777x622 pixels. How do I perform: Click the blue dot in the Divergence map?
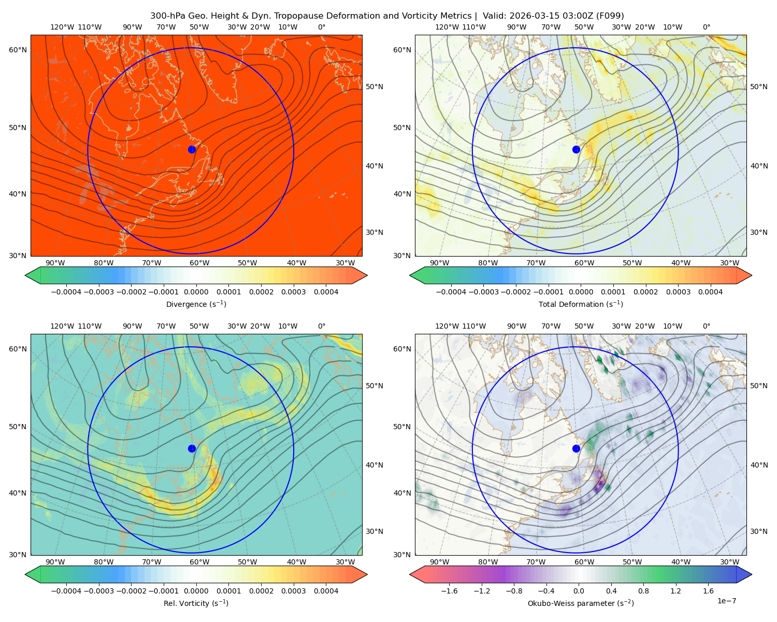point(192,149)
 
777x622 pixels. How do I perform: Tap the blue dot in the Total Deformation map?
point(576,149)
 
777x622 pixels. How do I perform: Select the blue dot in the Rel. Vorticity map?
point(192,448)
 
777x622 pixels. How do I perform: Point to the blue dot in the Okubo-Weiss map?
point(576,448)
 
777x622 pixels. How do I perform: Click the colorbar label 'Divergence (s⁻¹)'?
point(196,304)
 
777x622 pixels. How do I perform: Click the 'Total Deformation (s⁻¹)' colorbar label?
point(581,304)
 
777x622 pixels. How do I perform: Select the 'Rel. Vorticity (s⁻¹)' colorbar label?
point(196,603)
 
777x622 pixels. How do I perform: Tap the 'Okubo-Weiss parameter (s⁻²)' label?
point(581,603)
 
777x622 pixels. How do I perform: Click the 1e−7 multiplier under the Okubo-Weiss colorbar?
point(726,601)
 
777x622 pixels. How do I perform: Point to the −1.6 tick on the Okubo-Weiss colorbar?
point(449,590)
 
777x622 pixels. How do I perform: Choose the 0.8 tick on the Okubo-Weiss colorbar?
point(643,590)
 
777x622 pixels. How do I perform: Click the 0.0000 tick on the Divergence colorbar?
point(196,292)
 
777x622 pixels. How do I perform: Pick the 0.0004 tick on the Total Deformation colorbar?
point(710,292)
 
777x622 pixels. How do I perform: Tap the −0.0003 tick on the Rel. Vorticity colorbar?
point(98,590)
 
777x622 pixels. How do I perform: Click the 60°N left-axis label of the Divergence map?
point(18,50)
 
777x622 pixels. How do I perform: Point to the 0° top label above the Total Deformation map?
point(706,27)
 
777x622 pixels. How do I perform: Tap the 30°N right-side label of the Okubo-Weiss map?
point(759,531)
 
